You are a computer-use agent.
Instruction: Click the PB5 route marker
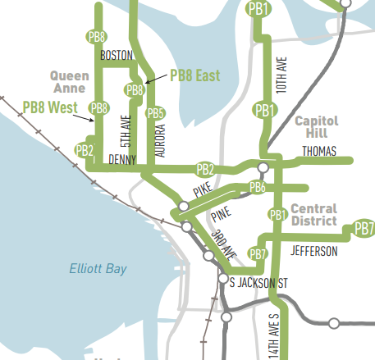click(155, 113)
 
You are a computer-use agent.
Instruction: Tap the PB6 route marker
click(257, 188)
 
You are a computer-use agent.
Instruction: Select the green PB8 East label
click(194, 75)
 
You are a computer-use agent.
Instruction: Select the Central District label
click(313, 214)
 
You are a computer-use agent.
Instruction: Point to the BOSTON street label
click(116, 56)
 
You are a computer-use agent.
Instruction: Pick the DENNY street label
click(122, 158)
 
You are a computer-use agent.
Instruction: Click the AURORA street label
click(160, 140)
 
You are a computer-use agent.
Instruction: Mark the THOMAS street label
click(320, 151)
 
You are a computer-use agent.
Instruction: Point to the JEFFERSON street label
click(313, 251)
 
